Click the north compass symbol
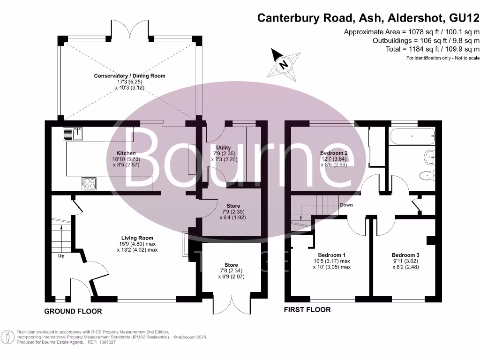[x=283, y=64]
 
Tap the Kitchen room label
[x=126, y=153]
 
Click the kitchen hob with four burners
[x=89, y=183]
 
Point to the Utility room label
[x=223, y=148]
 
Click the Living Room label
[x=137, y=238]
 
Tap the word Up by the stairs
[x=61, y=256]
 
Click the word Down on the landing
[x=346, y=205]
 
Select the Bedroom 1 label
[x=326, y=255]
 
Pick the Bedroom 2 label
[x=333, y=153]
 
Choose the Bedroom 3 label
[x=405, y=255]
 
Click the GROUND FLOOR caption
[x=73, y=311]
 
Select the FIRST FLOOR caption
[x=307, y=309]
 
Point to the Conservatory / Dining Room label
[x=129, y=75]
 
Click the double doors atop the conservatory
[x=129, y=29]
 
